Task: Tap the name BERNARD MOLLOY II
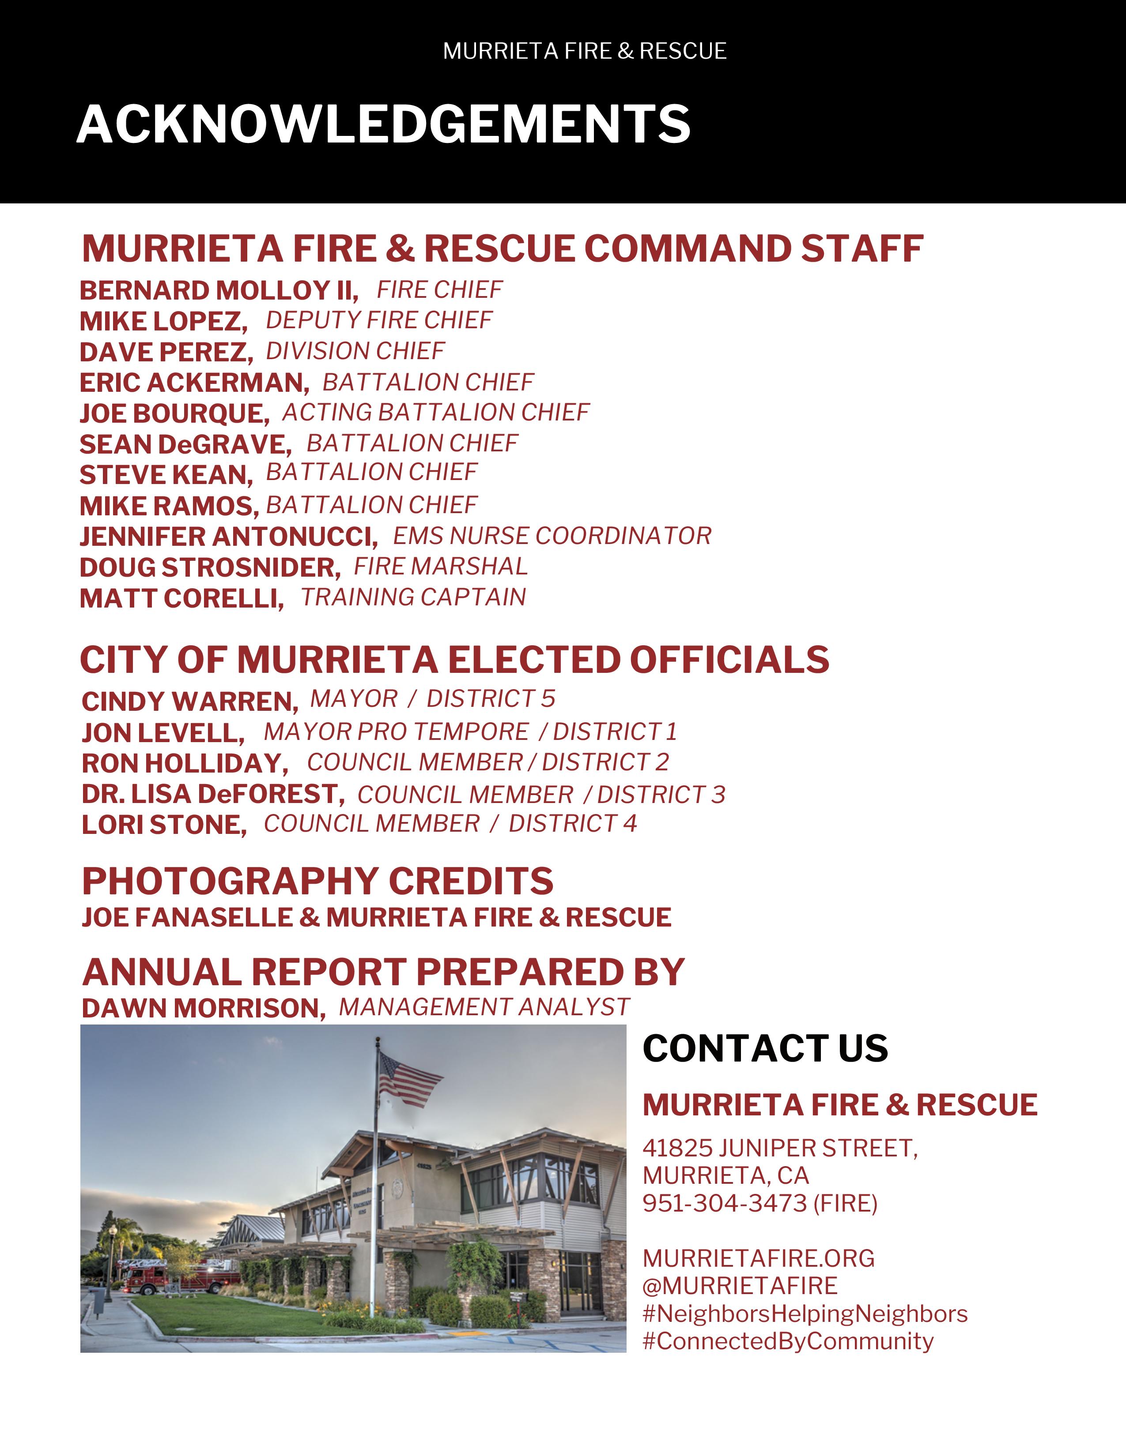(x=218, y=291)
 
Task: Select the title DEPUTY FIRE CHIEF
(x=379, y=321)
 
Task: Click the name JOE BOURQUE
(x=174, y=413)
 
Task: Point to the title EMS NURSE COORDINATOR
(x=552, y=536)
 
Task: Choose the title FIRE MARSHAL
(x=440, y=567)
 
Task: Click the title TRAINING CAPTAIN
(x=413, y=597)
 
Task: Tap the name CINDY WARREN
(x=189, y=702)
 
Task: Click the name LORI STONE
(x=163, y=826)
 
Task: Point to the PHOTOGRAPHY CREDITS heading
(x=317, y=882)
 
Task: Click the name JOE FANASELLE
(x=187, y=918)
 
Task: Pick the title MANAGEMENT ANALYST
(x=484, y=1007)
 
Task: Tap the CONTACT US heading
(x=765, y=1049)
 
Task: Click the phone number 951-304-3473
(x=725, y=1203)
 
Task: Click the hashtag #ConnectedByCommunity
(x=788, y=1341)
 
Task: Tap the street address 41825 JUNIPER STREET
(x=780, y=1148)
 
